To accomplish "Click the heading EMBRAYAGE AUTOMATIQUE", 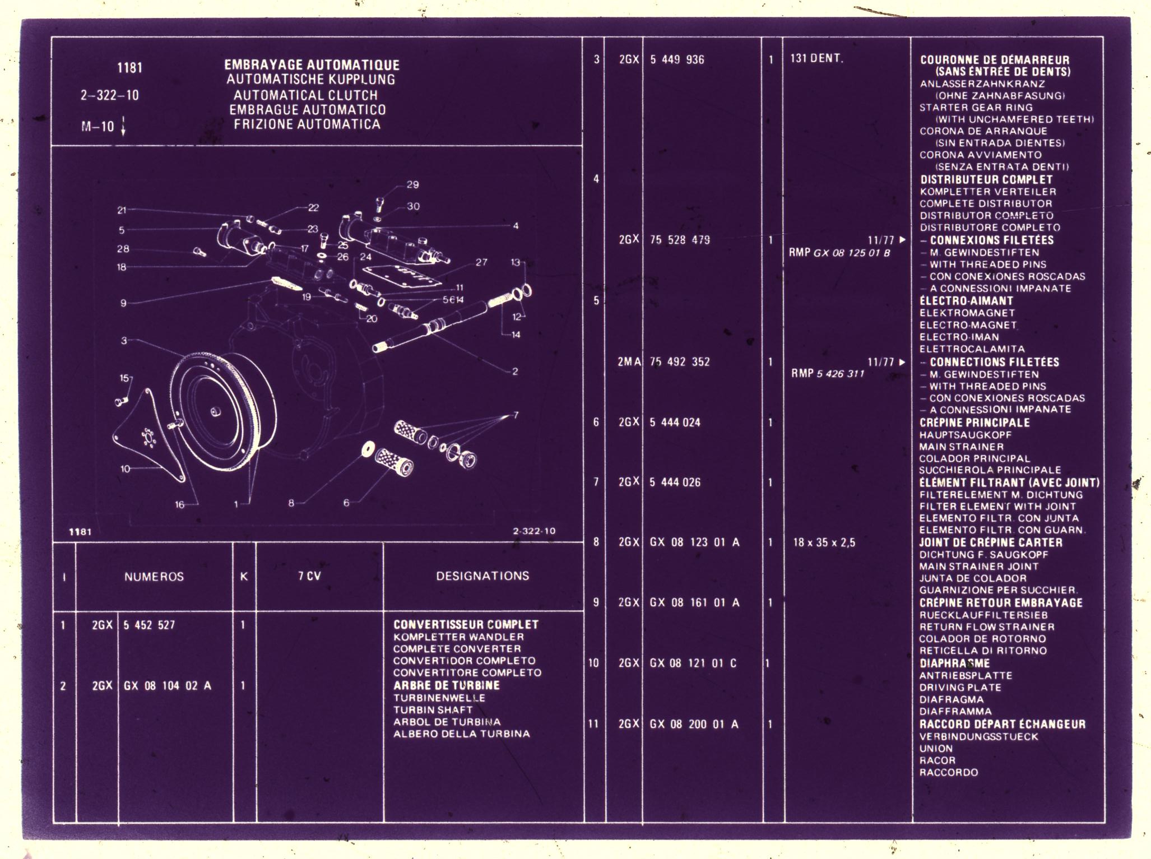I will pyautogui.click(x=312, y=65).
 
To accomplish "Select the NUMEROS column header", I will pyautogui.click(x=154, y=577).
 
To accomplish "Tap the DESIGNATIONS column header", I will pyautogui.click(x=482, y=576).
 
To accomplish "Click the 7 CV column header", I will pyautogui.click(x=309, y=576).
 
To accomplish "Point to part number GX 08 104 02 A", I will pyautogui.click(x=167, y=686).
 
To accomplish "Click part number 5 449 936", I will pyautogui.click(x=677, y=59).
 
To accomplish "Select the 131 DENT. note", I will pyautogui.click(x=816, y=58).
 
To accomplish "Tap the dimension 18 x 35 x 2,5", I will pyautogui.click(x=824, y=542).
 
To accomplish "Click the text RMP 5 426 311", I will pyautogui.click(x=828, y=374).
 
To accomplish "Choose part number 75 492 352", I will pyautogui.click(x=679, y=362).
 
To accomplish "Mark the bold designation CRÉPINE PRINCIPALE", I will pyautogui.click(x=974, y=423).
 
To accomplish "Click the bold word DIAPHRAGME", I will pyautogui.click(x=954, y=663).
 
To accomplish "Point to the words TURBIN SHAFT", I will pyautogui.click(x=433, y=710).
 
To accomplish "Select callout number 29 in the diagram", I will pyautogui.click(x=412, y=185).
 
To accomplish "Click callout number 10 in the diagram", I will pyautogui.click(x=125, y=468).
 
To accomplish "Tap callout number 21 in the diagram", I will pyautogui.click(x=122, y=210).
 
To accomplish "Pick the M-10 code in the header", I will pyautogui.click(x=98, y=127).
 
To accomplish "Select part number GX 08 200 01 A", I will pyautogui.click(x=694, y=725).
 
